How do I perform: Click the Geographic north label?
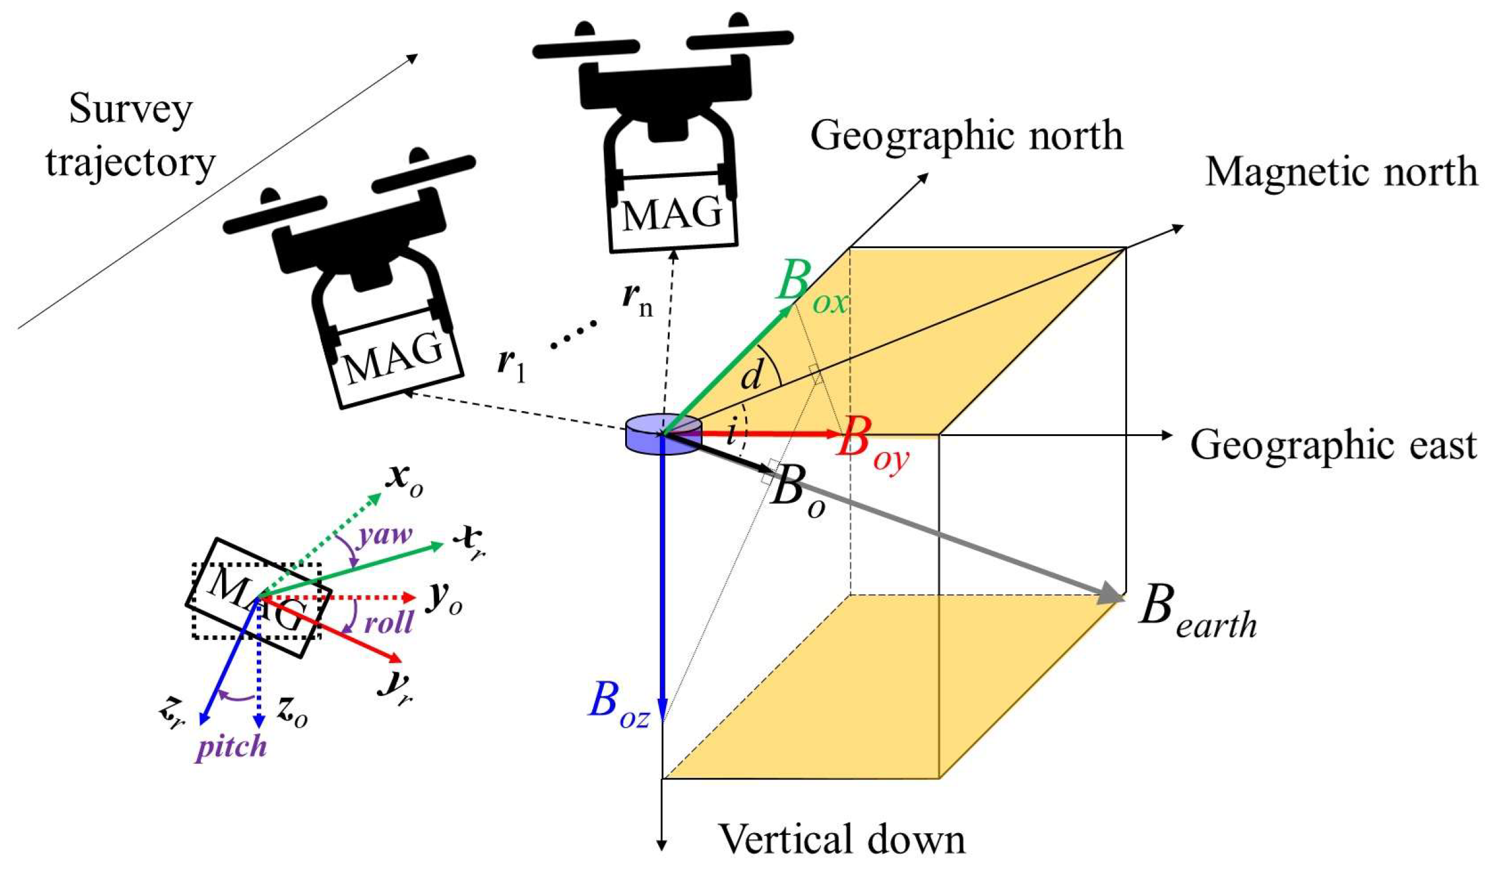coord(965,136)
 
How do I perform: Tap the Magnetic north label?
coord(1340,173)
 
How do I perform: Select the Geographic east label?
coord(1333,445)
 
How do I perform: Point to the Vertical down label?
coord(842,839)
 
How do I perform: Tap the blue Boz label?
coord(618,704)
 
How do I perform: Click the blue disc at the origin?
coord(663,434)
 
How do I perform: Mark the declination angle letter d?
coord(751,374)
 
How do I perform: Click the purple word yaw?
coord(385,535)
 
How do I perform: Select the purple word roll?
coord(388,623)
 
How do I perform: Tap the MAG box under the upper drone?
coord(673,213)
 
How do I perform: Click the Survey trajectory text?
coord(131,135)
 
